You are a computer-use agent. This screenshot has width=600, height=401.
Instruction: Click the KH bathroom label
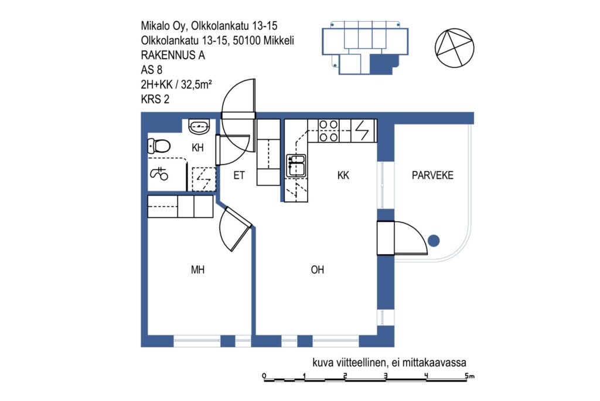pos(197,147)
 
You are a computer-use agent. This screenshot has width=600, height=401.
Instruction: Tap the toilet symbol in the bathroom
pos(159,146)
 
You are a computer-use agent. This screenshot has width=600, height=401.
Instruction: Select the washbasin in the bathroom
pos(199,126)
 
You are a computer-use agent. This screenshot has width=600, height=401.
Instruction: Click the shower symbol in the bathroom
pos(159,174)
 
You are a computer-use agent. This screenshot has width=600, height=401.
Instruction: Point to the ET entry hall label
pos(239,175)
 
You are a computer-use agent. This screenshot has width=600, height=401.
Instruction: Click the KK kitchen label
pos(343,175)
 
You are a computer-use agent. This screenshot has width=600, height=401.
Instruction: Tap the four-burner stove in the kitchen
pos(329,130)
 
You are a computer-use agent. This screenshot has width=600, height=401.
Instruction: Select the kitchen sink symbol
pos(296,165)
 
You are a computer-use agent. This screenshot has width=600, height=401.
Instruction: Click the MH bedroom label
pos(197,270)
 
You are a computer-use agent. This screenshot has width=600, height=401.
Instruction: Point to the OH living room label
pos(317,270)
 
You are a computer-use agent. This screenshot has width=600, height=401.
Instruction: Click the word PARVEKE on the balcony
pos(432,175)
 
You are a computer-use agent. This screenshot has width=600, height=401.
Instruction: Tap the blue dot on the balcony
pos(434,241)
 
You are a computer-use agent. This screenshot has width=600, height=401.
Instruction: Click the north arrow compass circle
pos(455,48)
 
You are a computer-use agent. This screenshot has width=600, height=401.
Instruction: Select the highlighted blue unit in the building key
pos(383,63)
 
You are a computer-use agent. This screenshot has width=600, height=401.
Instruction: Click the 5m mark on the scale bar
pos(470,376)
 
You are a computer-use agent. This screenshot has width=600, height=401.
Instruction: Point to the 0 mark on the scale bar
pos(264,376)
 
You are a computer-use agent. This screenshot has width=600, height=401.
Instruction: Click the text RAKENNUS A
pos(173,55)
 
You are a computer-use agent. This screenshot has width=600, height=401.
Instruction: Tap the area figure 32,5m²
pos(196,85)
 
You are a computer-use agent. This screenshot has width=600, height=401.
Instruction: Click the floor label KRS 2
pos(155,99)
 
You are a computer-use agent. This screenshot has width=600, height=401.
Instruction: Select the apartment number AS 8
pos(152,70)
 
